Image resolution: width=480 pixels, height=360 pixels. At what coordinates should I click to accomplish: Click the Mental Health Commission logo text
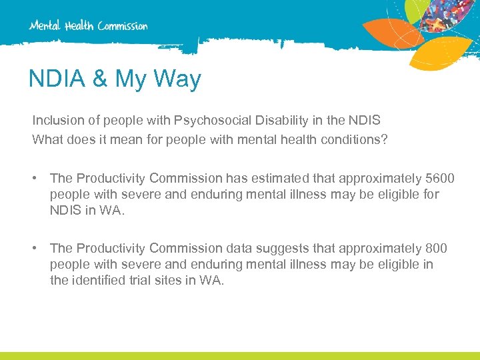pos(88,26)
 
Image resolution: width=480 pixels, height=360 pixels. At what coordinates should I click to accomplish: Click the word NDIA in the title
pos(57,79)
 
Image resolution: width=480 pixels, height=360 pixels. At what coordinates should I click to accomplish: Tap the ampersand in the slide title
pos(100,79)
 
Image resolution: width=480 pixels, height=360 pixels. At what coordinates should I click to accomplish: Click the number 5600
pos(440,178)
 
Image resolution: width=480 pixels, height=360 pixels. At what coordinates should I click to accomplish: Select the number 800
pos(437,248)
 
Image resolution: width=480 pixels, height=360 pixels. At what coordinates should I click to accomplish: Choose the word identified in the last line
pos(99,281)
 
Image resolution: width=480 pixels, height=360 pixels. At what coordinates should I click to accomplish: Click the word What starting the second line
pos(47,139)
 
